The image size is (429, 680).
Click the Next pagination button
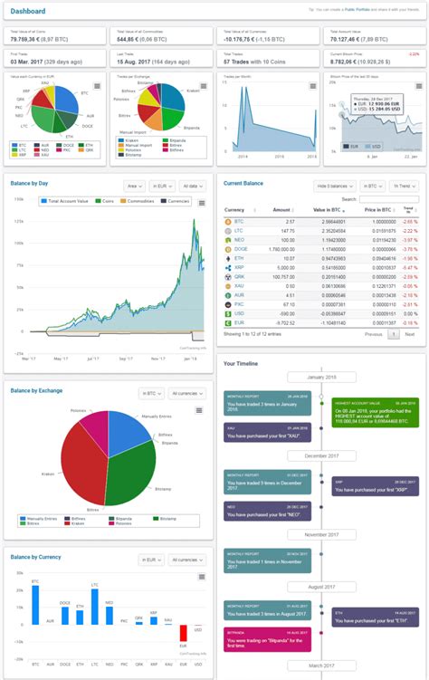tap(410, 333)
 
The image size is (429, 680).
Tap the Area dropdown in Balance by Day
tap(132, 185)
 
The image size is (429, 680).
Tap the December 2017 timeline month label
tap(321, 455)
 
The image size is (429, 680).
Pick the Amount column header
tap(281, 209)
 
